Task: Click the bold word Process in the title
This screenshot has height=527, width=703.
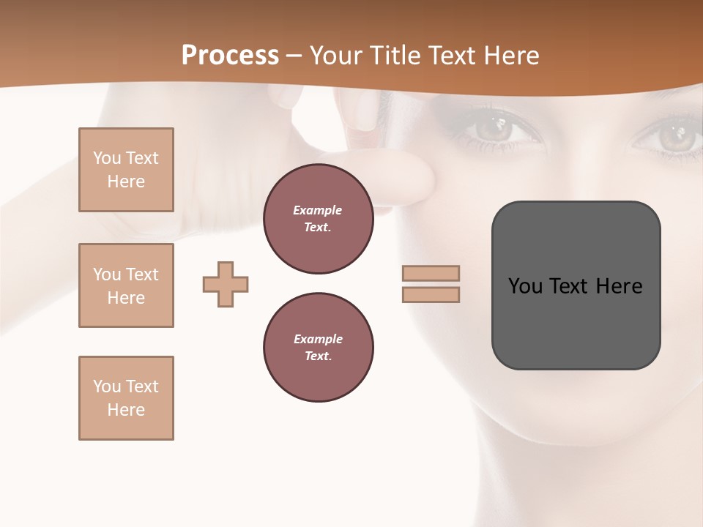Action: click(230, 56)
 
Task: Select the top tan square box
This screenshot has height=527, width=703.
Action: click(126, 170)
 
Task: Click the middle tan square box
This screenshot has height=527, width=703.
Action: click(126, 285)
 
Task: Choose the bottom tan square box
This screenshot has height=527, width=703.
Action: click(126, 398)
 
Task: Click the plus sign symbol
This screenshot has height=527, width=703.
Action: click(226, 284)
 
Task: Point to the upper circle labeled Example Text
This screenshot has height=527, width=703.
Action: click(318, 218)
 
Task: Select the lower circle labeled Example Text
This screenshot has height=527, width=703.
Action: click(318, 347)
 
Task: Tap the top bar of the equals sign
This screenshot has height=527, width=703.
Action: click(431, 273)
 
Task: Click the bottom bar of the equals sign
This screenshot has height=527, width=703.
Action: click(431, 294)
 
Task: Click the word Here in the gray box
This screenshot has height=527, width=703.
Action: click(619, 286)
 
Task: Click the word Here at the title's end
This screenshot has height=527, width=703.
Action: click(507, 56)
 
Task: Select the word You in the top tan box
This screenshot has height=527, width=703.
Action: click(107, 158)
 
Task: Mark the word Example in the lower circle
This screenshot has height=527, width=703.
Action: click(318, 339)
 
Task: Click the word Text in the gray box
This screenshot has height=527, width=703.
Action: click(568, 286)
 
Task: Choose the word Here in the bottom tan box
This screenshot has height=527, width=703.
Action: click(126, 410)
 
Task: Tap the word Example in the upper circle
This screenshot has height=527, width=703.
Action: click(318, 210)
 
